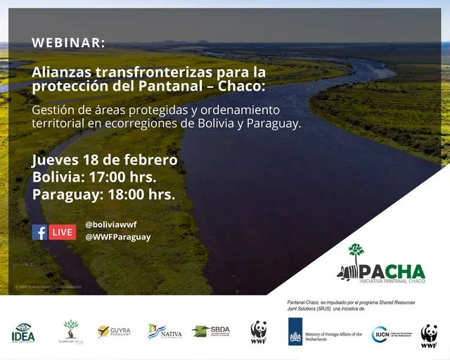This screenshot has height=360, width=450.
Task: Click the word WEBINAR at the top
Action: pos(68,43)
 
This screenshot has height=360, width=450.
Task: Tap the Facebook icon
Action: pos(39,232)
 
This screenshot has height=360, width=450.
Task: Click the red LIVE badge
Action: pos(62,232)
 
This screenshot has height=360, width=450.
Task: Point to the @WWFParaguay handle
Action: pos(117,237)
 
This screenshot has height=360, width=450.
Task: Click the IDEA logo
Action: pos(22,332)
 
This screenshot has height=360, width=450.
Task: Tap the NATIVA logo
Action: pos(165,331)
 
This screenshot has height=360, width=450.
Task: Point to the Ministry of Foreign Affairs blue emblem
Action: pos(295,332)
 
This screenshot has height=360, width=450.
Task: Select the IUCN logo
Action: pos(380,333)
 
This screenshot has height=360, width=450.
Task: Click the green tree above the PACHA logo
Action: pos(356,252)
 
